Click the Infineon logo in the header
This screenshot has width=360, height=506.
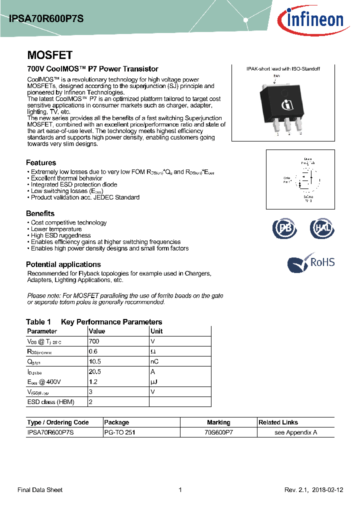[314, 20]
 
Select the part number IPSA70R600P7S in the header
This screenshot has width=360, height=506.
[46, 19]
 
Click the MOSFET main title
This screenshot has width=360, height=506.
[49, 55]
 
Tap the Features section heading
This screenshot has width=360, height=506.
[41, 162]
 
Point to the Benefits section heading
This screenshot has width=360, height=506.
[40, 213]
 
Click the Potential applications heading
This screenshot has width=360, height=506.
[63, 264]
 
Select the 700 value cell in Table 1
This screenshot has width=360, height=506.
[94, 341]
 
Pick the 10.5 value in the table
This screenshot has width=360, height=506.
[95, 361]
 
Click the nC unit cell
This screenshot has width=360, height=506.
[154, 361]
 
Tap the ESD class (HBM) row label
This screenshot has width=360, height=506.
[51, 402]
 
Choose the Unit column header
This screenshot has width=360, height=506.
[156, 331]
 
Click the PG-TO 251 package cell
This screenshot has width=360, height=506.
[119, 432]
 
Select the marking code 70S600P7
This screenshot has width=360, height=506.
[218, 432]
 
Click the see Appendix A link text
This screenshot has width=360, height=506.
[295, 432]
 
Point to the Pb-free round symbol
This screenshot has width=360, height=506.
[284, 228]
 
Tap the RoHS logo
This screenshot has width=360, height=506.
[311, 263]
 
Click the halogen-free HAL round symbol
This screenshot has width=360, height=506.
[320, 228]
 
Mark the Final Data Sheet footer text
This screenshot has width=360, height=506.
[40, 490]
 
